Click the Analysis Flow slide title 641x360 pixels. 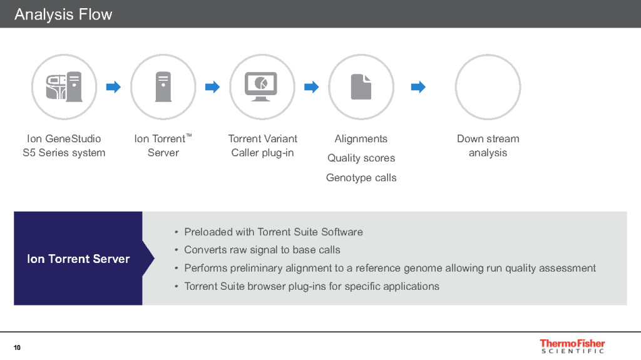tap(63, 14)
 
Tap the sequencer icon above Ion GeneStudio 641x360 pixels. tap(64, 87)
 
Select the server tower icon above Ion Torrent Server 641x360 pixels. tap(163, 87)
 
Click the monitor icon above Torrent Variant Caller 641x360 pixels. tap(261, 86)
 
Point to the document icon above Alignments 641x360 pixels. tap(361, 87)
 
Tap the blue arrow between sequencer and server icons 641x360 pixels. tap(114, 87)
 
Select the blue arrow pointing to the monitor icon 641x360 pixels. tap(213, 87)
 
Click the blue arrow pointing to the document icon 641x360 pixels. tap(312, 87)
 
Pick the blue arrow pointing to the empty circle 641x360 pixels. tap(418, 87)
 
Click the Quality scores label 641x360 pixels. tap(361, 158)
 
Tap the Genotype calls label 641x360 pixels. tap(361, 178)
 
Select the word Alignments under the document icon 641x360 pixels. tap(361, 139)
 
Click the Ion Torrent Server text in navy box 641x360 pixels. tap(78, 259)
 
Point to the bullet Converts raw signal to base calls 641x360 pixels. tap(262, 250)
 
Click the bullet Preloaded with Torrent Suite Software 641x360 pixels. tap(274, 232)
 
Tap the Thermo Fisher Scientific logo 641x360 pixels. tap(572, 346)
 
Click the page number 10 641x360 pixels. tap(17, 347)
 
